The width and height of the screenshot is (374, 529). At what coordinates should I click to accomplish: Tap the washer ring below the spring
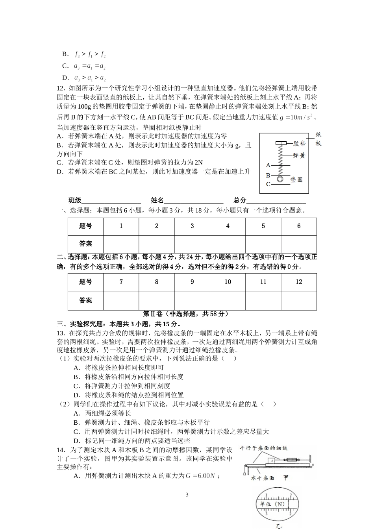pyautogui.click(x=280, y=179)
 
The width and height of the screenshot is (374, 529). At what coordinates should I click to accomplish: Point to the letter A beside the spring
pyautogui.click(x=268, y=165)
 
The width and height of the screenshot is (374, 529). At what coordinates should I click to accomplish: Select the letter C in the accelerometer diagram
pyautogui.click(x=268, y=184)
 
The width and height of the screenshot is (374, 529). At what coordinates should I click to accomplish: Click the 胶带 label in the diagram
pyautogui.click(x=300, y=143)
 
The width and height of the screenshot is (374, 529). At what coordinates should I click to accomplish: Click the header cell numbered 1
pyautogui.click(x=121, y=226)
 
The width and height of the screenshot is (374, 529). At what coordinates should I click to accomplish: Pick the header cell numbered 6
pyautogui.click(x=299, y=226)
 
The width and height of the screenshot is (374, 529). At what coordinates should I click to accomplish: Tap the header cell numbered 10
pyautogui.click(x=228, y=282)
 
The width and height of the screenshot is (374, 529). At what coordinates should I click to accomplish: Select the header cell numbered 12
pyautogui.click(x=299, y=282)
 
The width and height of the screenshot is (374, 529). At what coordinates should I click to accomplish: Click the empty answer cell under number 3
pyautogui.click(x=192, y=244)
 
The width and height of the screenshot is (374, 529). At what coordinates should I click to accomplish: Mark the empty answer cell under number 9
pyautogui.click(x=192, y=300)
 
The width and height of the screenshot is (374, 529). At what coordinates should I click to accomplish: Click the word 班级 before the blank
pyautogui.click(x=75, y=200)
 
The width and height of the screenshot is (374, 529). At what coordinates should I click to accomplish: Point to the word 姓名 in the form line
pyautogui.click(x=157, y=200)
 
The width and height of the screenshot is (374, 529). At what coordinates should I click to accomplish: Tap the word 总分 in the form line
pyautogui.click(x=240, y=200)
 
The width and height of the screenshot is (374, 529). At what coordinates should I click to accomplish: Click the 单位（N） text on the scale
pyautogui.click(x=272, y=504)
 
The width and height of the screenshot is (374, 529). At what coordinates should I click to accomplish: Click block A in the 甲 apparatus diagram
pyautogui.click(x=272, y=460)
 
